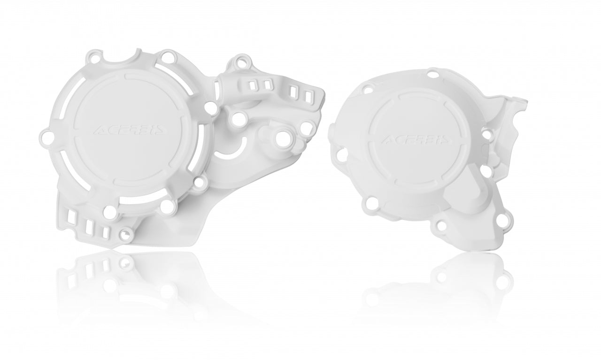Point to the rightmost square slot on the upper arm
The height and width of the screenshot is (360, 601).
tap(308, 95)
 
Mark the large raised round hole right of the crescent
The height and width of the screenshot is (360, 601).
tap(283, 138)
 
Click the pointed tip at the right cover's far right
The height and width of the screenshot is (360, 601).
tap(526, 100)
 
